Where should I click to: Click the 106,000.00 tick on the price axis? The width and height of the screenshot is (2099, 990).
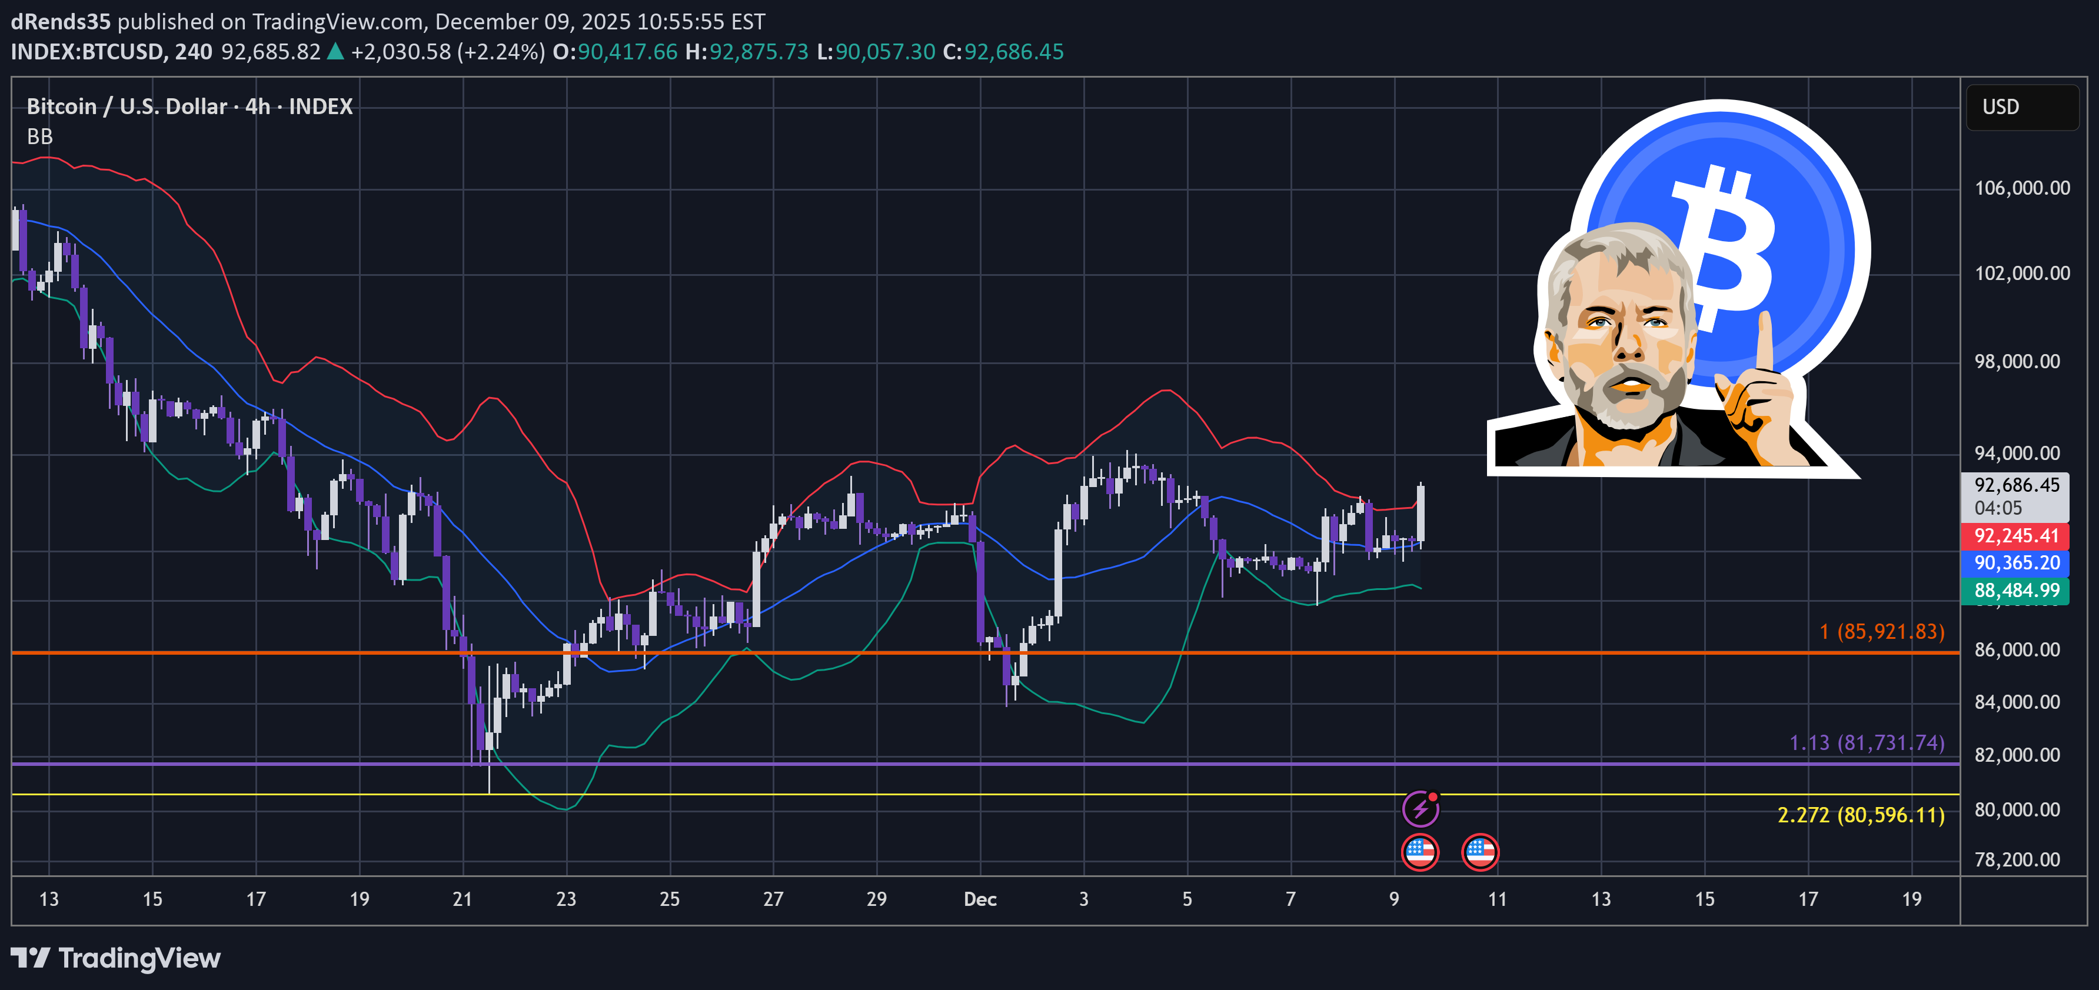coord(2021,188)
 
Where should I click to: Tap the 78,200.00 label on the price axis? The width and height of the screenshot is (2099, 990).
coord(2017,859)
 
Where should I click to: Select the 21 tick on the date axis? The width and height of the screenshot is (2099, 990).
coord(462,899)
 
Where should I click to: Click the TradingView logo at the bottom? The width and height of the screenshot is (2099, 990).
coord(116,958)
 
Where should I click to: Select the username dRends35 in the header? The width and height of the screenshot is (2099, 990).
coord(60,21)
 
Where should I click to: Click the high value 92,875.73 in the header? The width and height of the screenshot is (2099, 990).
coord(758,52)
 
